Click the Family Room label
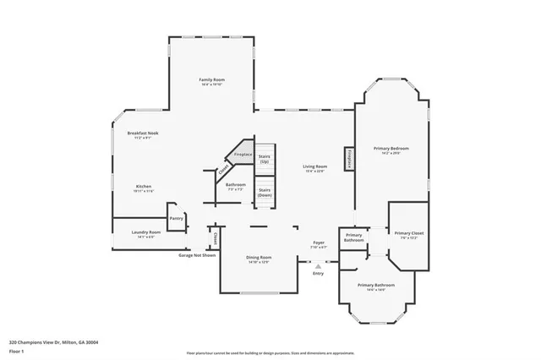(212, 81)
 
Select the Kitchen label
(144, 188)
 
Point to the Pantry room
(176, 218)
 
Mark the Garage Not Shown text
(197, 254)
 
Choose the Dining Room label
(260, 259)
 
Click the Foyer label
(319, 244)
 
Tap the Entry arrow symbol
(318, 265)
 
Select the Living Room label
(315, 168)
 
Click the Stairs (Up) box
(265, 158)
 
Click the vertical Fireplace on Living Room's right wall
(347, 159)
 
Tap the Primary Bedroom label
(391, 150)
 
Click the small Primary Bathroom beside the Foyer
(353, 237)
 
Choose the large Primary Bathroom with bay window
(374, 287)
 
